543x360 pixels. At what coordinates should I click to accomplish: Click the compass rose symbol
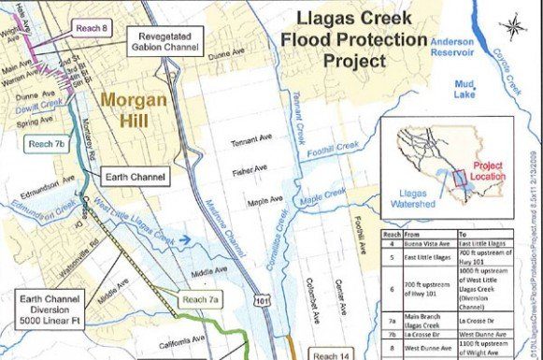[x=512, y=25]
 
